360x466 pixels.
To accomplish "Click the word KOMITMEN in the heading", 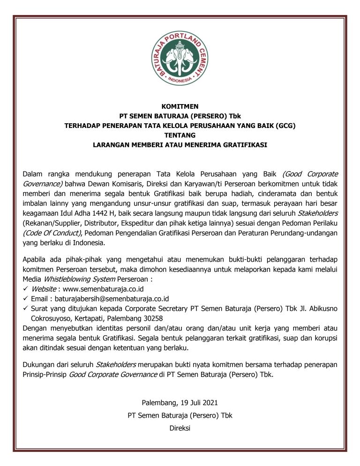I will tap(180, 106).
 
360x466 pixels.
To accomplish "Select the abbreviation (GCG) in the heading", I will tap(286, 126).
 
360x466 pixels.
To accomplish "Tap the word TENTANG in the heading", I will tap(180, 135).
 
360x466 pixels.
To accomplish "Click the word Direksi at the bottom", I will tap(180, 427).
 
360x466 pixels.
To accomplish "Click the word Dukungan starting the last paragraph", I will tap(39, 364).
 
